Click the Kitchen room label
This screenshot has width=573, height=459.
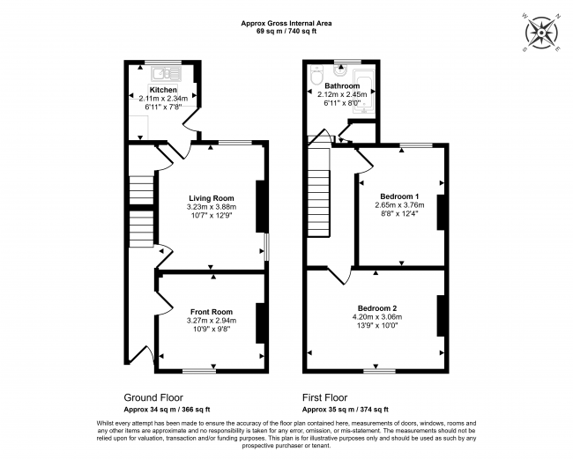163,90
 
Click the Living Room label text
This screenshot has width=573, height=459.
212,198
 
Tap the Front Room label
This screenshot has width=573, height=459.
212,312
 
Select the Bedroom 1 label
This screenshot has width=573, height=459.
399,196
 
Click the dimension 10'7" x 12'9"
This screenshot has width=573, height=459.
212,217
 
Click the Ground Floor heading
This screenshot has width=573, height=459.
153,397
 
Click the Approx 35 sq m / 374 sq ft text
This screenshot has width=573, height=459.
343,409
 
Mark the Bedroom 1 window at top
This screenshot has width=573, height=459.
412,144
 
